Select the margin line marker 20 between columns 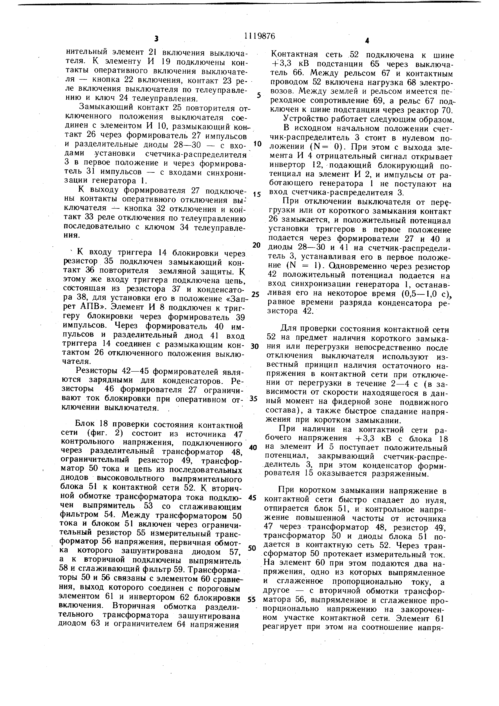pos(256,245)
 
